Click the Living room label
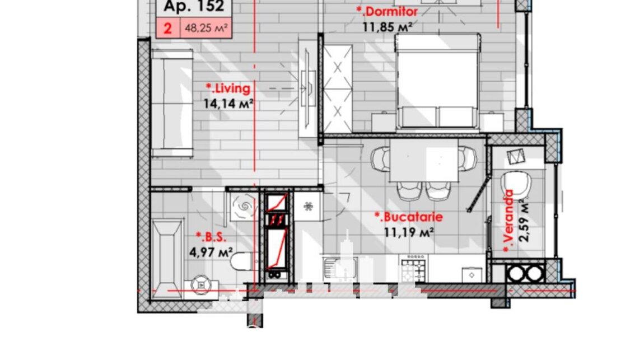(228, 88)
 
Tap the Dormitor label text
(387, 12)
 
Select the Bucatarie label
(409, 217)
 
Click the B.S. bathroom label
(211, 237)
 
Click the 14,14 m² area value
(228, 104)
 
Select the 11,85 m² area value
(388, 27)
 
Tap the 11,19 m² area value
(409, 233)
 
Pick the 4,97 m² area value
(211, 252)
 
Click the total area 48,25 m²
(206, 29)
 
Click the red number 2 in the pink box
(167, 29)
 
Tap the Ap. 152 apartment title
(194, 6)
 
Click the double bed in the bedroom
(438, 82)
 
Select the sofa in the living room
(172, 103)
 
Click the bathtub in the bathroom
(167, 259)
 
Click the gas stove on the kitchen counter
(414, 269)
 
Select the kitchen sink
(340, 269)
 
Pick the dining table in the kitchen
(424, 160)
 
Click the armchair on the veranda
(515, 185)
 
